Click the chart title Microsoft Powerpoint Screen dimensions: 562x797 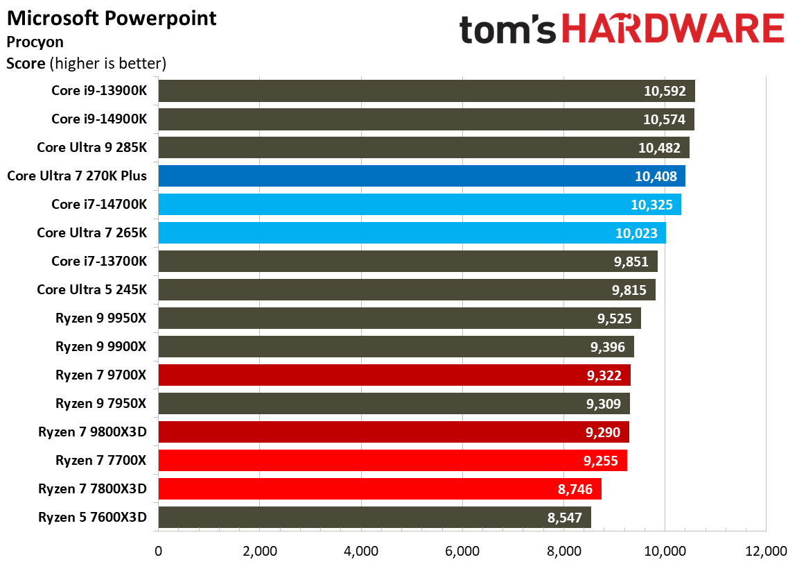[x=112, y=18]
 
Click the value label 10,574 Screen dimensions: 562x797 [x=664, y=119]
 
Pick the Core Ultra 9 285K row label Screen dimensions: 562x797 [x=92, y=147]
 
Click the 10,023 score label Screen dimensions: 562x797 [x=636, y=232]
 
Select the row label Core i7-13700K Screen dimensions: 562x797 [x=99, y=261]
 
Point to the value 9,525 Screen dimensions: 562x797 [x=616, y=318]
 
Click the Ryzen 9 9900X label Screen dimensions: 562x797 [x=101, y=346]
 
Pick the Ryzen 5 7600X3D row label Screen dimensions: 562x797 [x=93, y=517]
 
